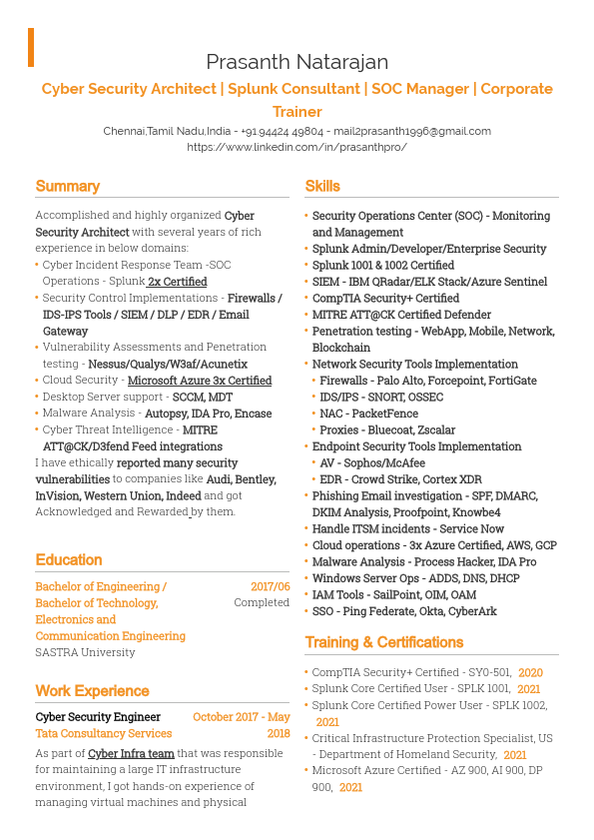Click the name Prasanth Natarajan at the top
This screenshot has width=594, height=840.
click(x=297, y=62)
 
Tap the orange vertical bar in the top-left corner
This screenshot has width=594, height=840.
click(x=31, y=47)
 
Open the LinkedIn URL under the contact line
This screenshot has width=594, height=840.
click(x=297, y=147)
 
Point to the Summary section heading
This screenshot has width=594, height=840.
click(x=68, y=186)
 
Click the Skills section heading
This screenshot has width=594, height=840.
click(x=322, y=186)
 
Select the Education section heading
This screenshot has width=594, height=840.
click(x=69, y=560)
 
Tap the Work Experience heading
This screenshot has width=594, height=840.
click(x=92, y=691)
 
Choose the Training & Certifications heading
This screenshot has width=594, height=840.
click(x=383, y=642)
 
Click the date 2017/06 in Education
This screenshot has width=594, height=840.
click(x=270, y=587)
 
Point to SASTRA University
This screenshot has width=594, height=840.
click(x=85, y=652)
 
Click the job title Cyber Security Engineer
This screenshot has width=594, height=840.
click(x=98, y=717)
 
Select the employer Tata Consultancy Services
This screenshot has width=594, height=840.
click(x=104, y=734)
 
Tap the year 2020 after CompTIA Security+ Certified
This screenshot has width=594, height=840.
click(x=530, y=673)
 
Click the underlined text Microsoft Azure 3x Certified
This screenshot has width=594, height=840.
click(x=200, y=381)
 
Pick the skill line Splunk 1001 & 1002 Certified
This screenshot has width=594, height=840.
click(x=383, y=266)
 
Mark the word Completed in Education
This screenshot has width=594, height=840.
click(x=262, y=603)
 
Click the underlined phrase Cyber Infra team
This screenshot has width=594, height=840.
click(x=131, y=753)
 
